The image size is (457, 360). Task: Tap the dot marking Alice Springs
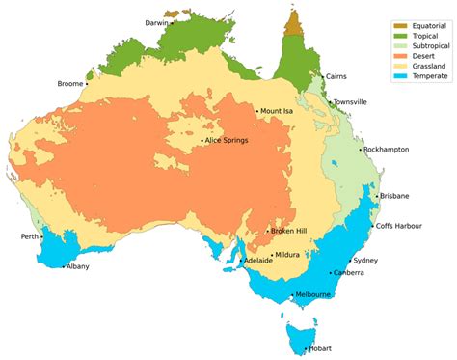202,142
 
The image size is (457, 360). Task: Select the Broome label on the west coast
72,83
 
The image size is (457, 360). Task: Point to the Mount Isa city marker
257,111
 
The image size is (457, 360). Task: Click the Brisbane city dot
376,196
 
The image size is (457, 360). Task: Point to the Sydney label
365,261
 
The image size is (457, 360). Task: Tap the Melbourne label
314,294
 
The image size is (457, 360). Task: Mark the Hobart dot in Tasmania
306,348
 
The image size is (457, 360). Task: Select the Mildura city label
287,255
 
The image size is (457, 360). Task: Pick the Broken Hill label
289,231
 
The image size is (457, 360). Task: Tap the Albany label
77,266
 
